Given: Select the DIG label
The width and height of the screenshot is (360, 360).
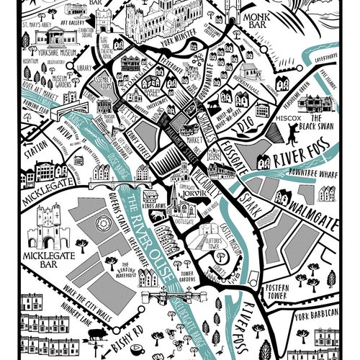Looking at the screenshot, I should pyautogui.click(x=245, y=127).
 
